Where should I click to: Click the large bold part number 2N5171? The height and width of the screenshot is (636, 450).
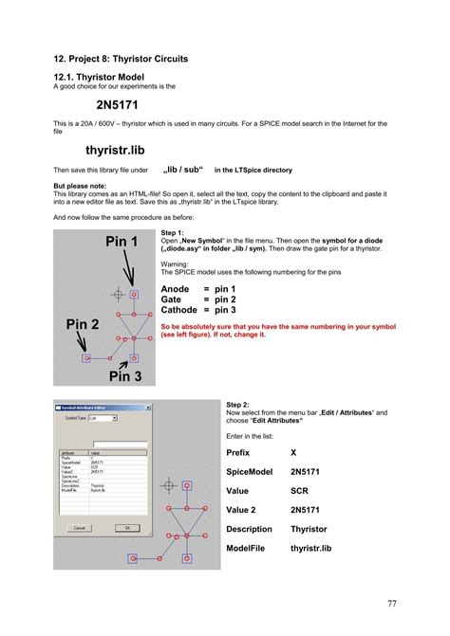(x=123, y=104)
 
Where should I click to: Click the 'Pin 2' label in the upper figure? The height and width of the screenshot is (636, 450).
(x=83, y=324)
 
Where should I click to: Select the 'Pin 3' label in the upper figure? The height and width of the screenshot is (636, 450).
(x=124, y=376)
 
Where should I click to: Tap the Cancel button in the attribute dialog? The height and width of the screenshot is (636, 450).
(x=78, y=528)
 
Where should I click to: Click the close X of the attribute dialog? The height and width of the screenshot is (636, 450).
(x=144, y=407)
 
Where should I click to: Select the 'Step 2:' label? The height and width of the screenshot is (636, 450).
(x=237, y=404)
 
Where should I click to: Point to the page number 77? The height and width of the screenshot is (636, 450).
(x=392, y=604)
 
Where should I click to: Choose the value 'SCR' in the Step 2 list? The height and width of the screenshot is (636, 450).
(x=299, y=491)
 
